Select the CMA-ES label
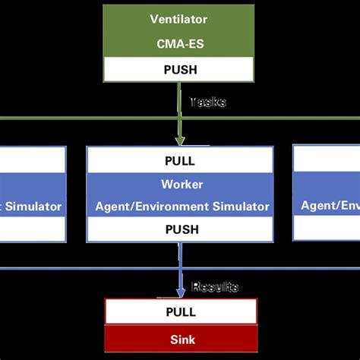point(179,45)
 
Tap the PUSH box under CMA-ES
point(179,69)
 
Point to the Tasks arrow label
point(207,102)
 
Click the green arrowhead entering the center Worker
point(180,139)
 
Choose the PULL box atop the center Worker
point(179,160)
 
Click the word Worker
point(179,184)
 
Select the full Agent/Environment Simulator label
point(182,206)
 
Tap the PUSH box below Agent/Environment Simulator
point(179,229)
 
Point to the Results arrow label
point(214,287)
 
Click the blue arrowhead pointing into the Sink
point(180,292)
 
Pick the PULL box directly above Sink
point(181,312)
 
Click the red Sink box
point(181,339)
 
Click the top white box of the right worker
point(327,159)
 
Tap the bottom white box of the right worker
point(327,229)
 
